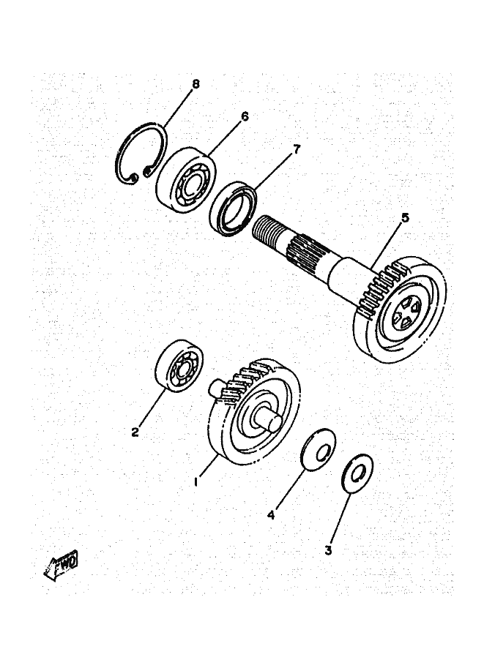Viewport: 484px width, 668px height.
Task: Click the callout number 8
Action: [196, 83]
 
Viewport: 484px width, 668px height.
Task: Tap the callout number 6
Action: [244, 116]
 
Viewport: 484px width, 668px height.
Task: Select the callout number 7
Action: [297, 149]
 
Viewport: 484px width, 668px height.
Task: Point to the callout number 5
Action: [403, 218]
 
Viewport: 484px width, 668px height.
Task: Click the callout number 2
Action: [135, 432]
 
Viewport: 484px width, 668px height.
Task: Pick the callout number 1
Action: [196, 482]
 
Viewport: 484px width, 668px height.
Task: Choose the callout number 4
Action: [270, 515]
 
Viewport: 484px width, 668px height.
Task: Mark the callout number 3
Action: [328, 549]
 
